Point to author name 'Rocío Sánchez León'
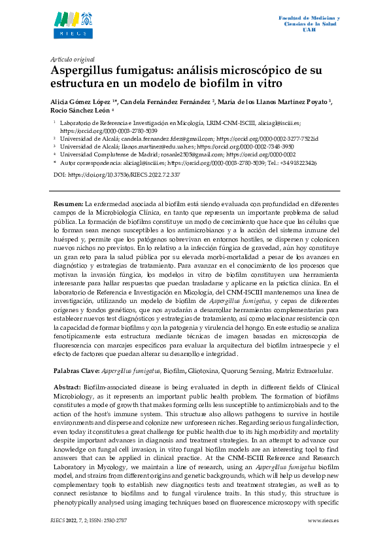pyautogui.click(x=80, y=111)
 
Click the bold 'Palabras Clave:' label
pyautogui.click(x=76, y=370)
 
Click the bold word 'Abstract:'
pyautogui.click(x=68, y=387)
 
